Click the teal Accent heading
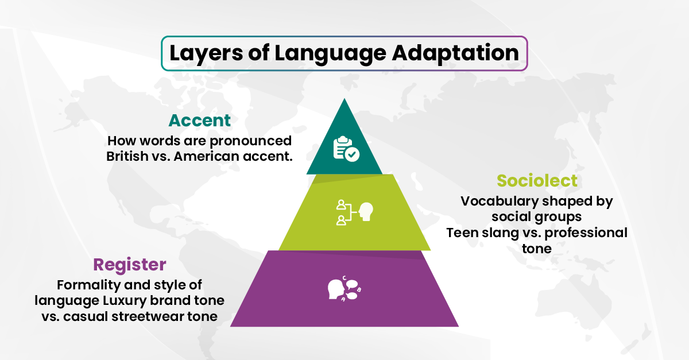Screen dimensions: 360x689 (199, 121)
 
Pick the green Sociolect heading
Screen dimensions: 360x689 (537, 181)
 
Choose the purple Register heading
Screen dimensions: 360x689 (130, 265)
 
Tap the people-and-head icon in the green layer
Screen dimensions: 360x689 (354, 212)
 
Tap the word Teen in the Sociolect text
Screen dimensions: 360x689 (462, 233)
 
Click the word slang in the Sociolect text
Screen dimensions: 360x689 (498, 233)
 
